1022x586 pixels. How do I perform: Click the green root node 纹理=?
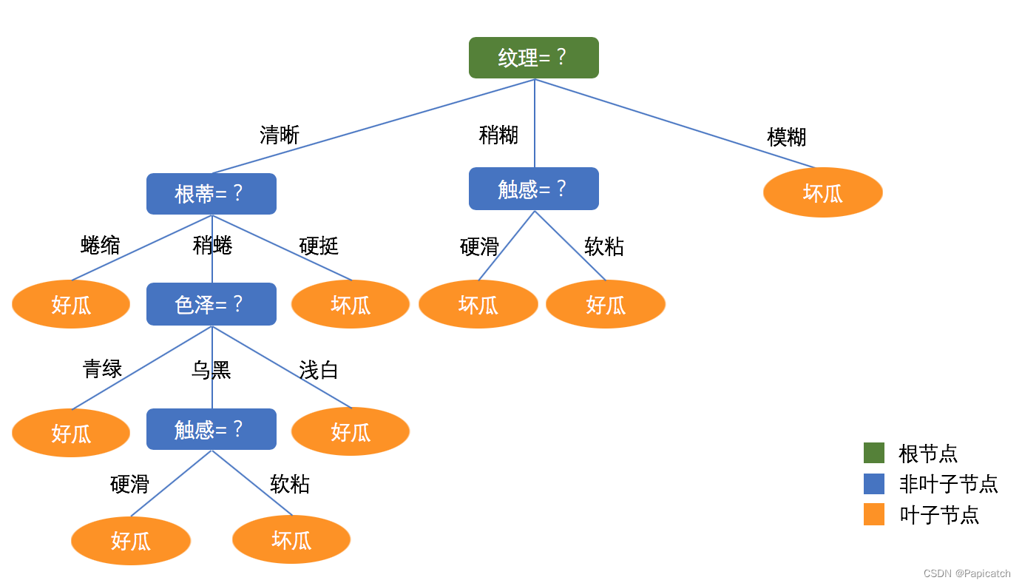[533, 58]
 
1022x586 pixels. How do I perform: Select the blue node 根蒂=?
[211, 194]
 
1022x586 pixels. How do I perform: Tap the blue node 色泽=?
[211, 304]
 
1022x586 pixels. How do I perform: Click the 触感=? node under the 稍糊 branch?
[533, 189]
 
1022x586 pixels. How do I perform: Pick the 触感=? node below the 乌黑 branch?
[211, 429]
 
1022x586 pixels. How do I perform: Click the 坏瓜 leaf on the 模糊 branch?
[822, 192]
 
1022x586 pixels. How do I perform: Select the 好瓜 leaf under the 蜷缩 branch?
[71, 304]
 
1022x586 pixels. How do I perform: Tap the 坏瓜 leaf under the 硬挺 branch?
[350, 304]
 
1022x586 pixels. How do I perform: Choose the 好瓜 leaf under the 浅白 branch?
[350, 431]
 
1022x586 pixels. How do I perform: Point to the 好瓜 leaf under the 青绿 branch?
[71, 433]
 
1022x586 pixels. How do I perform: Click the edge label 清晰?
[280, 135]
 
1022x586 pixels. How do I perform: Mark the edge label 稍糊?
[498, 135]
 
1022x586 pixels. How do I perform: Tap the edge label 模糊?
[786, 138]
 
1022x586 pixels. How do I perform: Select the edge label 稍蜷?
[212, 246]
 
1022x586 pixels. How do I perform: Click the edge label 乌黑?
[211, 370]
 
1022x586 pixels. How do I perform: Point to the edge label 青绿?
[102, 368]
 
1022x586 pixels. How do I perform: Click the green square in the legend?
[873, 453]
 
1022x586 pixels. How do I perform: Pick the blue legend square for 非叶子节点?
[873, 484]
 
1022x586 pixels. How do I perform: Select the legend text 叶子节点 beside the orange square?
[938, 515]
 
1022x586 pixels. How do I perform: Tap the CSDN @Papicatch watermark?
[967, 573]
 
